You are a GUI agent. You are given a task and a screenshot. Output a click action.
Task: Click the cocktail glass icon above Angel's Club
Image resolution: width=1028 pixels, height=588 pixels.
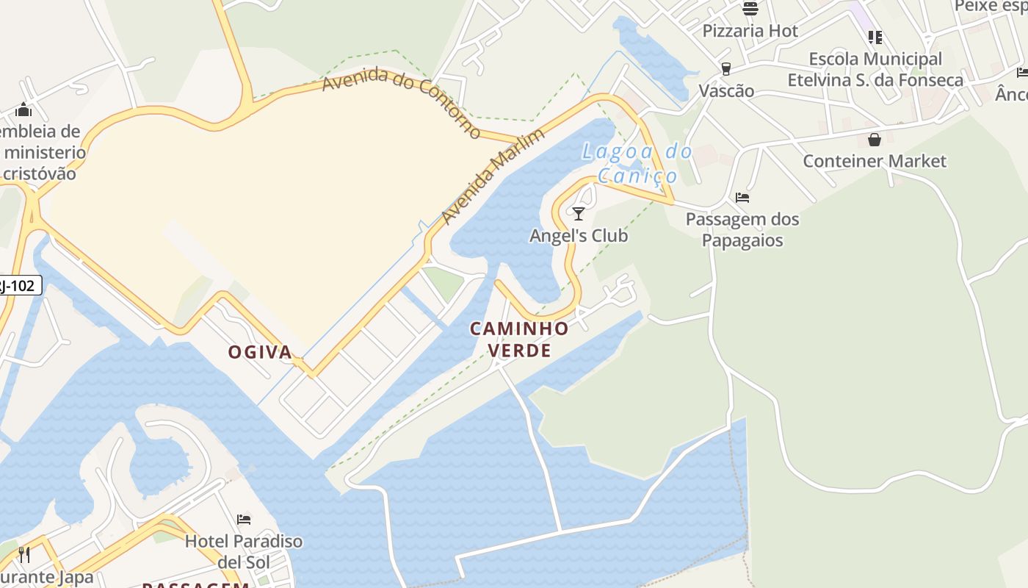pyautogui.click(x=579, y=214)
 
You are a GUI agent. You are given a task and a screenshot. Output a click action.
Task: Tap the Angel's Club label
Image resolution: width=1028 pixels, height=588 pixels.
pyautogui.click(x=579, y=235)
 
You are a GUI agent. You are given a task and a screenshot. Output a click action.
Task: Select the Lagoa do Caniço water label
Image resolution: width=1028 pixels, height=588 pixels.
pyautogui.click(x=637, y=163)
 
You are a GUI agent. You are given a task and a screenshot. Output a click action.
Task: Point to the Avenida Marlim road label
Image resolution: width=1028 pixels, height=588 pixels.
pyautogui.click(x=493, y=176)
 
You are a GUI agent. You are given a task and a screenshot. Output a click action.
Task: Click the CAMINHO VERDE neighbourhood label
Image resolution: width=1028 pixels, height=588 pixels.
pyautogui.click(x=520, y=339)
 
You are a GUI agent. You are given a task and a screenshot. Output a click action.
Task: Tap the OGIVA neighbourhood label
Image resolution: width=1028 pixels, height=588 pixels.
pyautogui.click(x=260, y=352)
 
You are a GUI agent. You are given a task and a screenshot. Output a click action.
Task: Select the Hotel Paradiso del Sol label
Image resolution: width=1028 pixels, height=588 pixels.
pyautogui.click(x=244, y=551)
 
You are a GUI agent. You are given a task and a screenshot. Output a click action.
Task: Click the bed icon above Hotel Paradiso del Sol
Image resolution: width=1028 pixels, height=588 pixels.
pyautogui.click(x=244, y=520)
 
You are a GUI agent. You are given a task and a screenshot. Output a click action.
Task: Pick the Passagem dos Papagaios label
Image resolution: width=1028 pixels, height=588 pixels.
pyautogui.click(x=742, y=229)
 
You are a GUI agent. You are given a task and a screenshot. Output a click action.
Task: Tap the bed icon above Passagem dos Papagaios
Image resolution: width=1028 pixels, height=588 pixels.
pyautogui.click(x=742, y=198)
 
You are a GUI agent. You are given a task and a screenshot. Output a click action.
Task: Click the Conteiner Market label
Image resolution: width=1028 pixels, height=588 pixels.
pyautogui.click(x=875, y=161)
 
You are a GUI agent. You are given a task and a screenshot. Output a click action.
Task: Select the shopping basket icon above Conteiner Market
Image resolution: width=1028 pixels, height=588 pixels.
pyautogui.click(x=875, y=140)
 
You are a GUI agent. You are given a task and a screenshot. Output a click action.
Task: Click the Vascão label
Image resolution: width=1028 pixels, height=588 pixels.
pyautogui.click(x=726, y=90)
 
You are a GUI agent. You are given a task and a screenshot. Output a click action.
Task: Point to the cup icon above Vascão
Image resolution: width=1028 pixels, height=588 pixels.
pyautogui.click(x=726, y=69)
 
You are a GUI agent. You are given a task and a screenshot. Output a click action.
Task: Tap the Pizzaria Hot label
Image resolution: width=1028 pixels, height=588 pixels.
pyautogui.click(x=750, y=31)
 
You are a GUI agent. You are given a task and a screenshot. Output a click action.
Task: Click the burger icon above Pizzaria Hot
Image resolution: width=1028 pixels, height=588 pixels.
pyautogui.click(x=750, y=9)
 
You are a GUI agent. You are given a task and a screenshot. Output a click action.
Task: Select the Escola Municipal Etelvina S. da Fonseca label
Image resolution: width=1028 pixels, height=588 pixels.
pyautogui.click(x=875, y=69)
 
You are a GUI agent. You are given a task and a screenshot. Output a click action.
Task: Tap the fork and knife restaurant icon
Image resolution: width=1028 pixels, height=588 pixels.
pyautogui.click(x=24, y=554)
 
